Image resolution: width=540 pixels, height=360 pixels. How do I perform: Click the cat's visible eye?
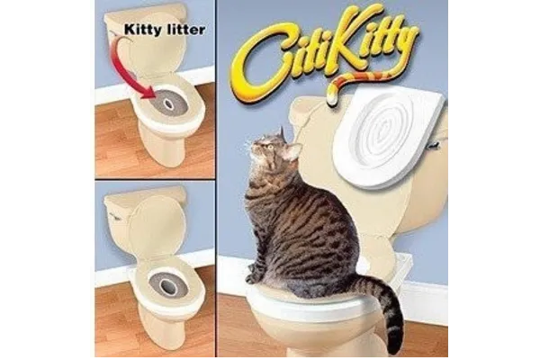pos(270,147)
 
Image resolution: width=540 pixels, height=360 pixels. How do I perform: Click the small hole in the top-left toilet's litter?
pos(168,103)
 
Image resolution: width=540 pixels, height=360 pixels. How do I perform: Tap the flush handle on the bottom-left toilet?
pos(114,215)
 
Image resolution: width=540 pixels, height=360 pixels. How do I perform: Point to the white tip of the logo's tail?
pos(331,100)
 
